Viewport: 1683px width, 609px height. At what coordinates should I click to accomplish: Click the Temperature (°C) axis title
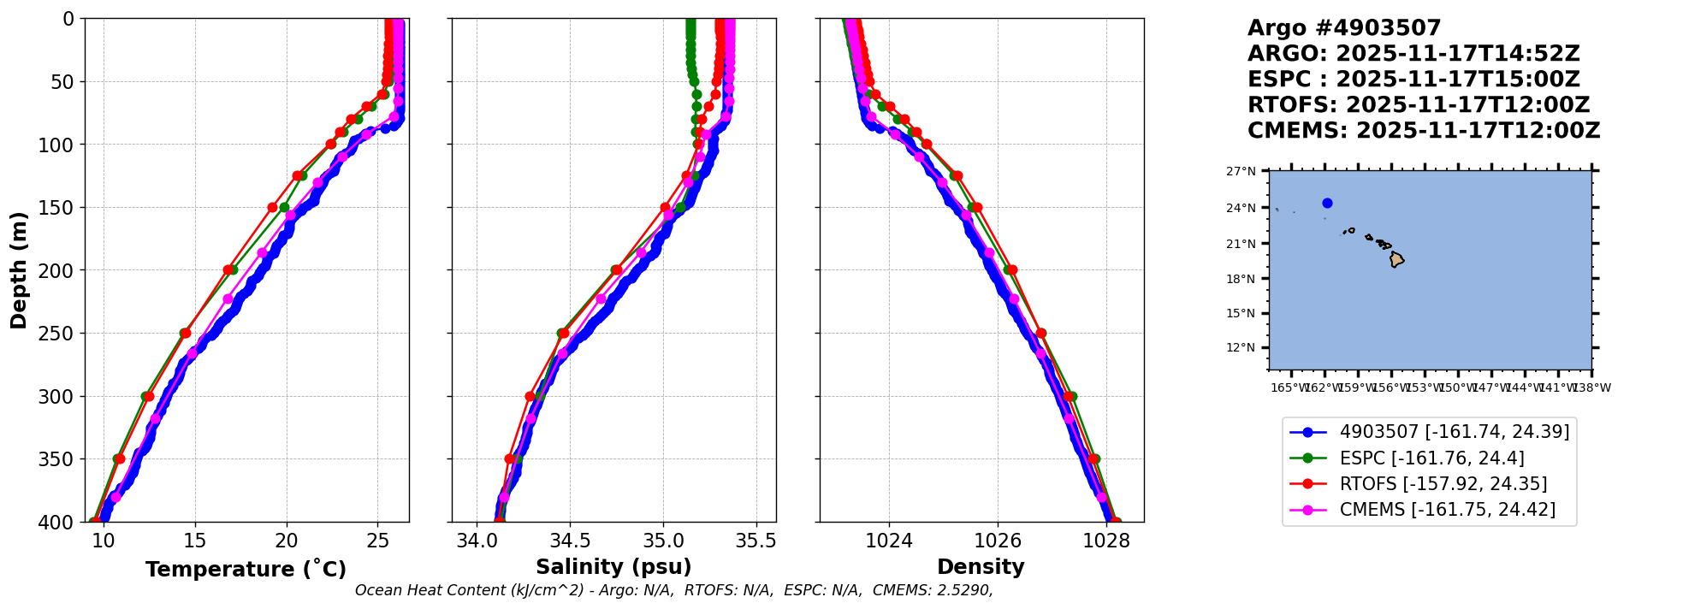tap(246, 570)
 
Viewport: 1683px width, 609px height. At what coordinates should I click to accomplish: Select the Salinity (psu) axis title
tap(613, 567)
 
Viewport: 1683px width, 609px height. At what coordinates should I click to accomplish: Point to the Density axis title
tap(981, 567)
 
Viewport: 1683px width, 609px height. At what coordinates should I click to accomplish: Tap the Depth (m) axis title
tap(19, 270)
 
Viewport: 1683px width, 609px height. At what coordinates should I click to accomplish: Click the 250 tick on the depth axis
tap(62, 334)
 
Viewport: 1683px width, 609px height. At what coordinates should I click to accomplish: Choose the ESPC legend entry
tap(1431, 458)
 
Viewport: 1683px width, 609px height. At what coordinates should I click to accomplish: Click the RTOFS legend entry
tap(1443, 484)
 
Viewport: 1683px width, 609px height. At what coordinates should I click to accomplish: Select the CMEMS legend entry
tap(1447, 510)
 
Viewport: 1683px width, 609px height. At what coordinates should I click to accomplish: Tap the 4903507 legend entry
tap(1454, 432)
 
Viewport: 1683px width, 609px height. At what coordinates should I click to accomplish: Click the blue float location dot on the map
tap(1327, 204)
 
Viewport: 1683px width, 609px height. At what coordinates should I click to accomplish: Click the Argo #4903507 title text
tap(1343, 28)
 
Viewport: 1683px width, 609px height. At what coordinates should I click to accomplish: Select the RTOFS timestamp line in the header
tap(1418, 105)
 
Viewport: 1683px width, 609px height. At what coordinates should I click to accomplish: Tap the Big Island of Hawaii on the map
tap(1396, 258)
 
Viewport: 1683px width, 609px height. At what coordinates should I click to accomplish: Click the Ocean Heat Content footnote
tap(673, 590)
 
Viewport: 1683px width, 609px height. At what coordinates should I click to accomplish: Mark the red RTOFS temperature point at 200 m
tap(228, 270)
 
